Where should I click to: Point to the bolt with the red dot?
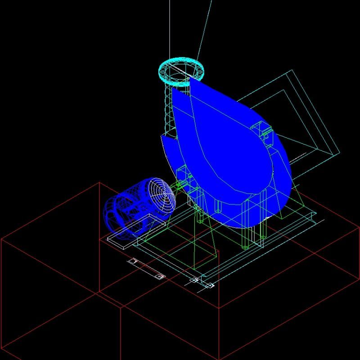[x=159, y=276]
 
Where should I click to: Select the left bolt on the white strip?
[x=133, y=261]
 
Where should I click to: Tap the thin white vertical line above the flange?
[x=170, y=27]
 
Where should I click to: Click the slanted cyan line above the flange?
[x=205, y=27]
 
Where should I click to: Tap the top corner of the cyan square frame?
[x=292, y=70]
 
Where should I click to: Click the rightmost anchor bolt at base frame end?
[x=210, y=285]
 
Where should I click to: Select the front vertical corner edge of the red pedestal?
[x=219, y=333]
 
